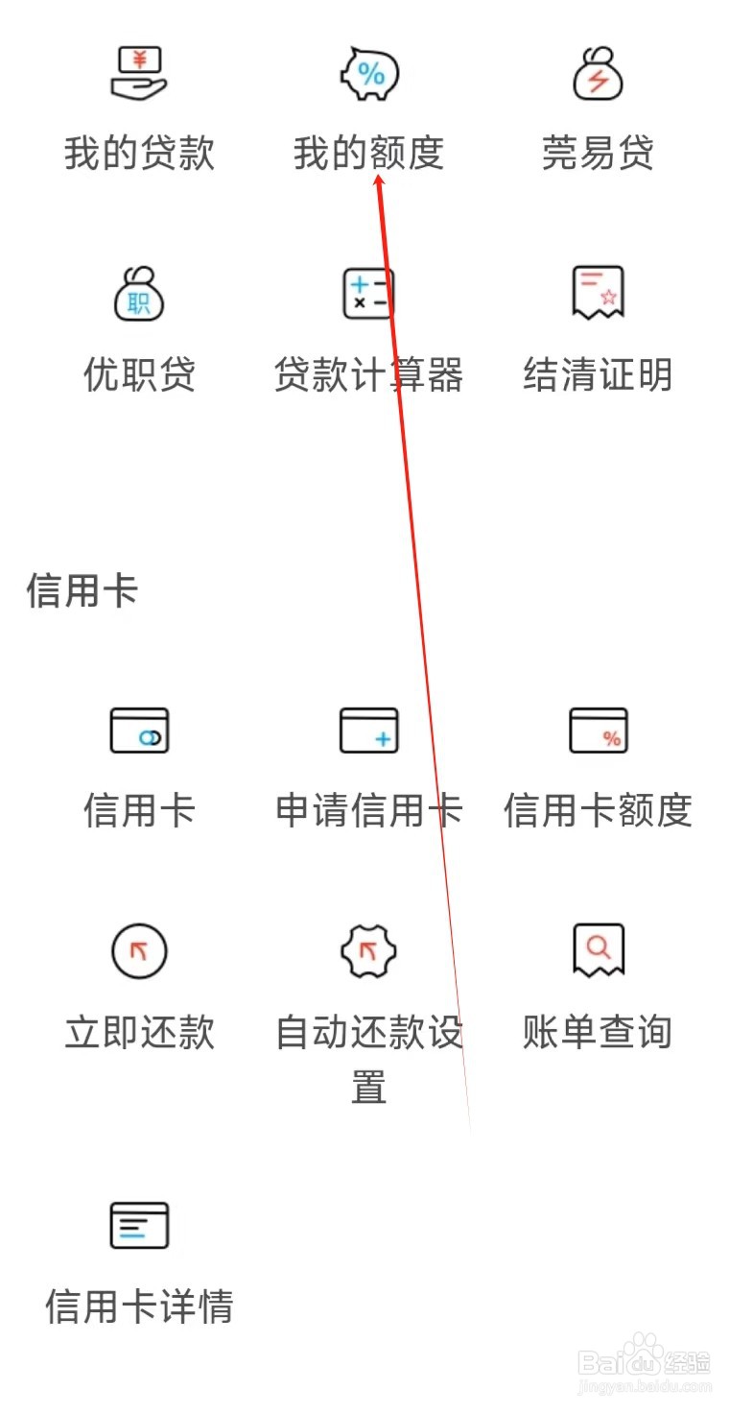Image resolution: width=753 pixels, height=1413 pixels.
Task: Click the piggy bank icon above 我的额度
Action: tap(369, 74)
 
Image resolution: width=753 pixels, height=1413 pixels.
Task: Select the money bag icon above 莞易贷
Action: tap(598, 74)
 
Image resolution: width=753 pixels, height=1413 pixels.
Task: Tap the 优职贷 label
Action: tap(139, 374)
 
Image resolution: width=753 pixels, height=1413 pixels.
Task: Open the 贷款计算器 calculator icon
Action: tap(369, 294)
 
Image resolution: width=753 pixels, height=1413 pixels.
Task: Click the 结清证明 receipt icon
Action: tap(598, 292)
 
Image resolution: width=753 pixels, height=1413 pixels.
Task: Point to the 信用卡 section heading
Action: tap(82, 590)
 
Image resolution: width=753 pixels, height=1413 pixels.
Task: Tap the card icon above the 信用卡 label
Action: tap(139, 730)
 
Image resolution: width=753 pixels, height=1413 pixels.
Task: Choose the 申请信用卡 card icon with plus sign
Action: tap(369, 730)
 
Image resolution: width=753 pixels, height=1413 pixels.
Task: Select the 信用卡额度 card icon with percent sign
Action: tap(598, 730)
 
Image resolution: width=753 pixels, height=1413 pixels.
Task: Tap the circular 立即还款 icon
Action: tap(139, 951)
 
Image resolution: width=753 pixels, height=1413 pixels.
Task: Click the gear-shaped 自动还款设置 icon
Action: tap(369, 951)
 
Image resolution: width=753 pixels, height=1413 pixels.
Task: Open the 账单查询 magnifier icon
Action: tap(598, 949)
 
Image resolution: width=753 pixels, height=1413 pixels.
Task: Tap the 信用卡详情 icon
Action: tap(139, 1225)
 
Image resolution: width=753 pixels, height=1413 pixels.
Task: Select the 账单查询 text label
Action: tap(598, 1032)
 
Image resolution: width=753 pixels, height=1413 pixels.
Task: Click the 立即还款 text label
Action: tap(139, 1032)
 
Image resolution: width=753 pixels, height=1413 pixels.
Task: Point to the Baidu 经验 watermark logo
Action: tap(645, 1363)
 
